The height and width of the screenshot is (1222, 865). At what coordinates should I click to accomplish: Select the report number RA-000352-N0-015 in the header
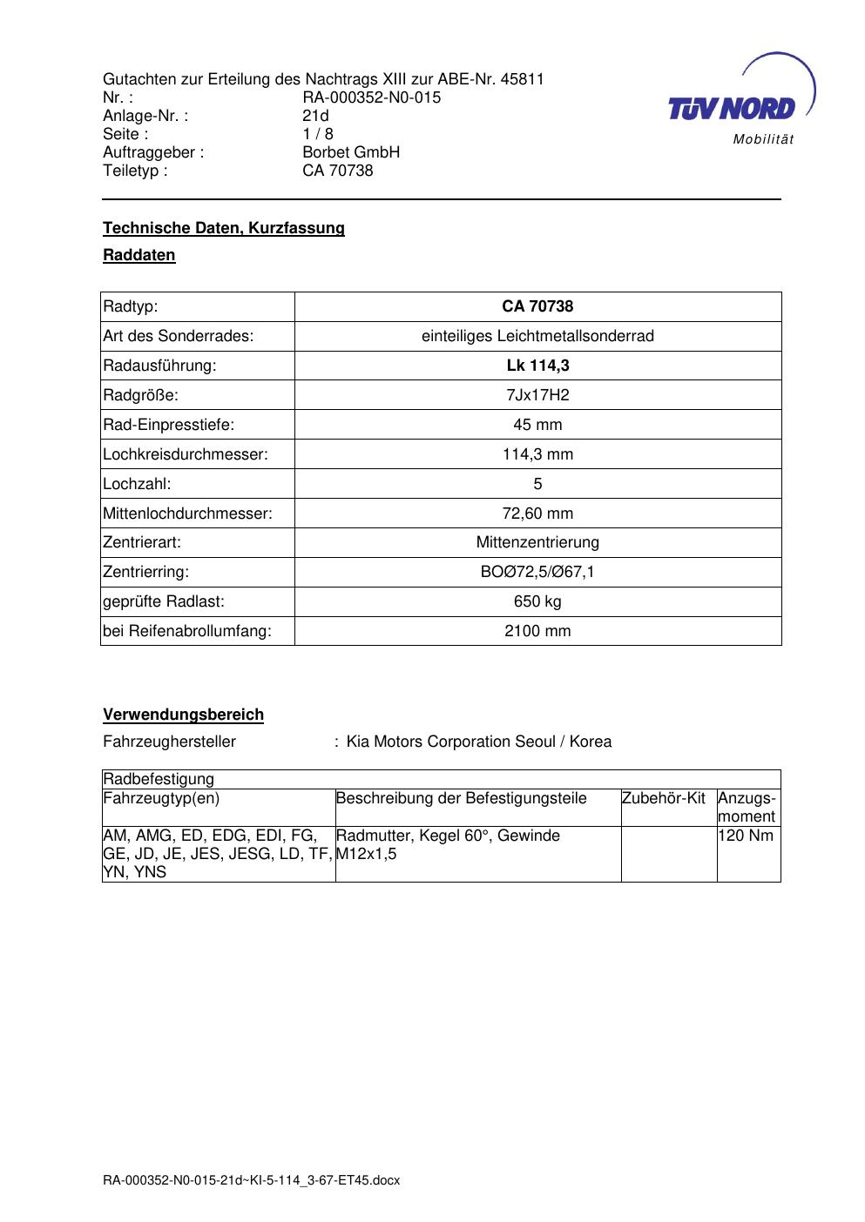click(x=371, y=97)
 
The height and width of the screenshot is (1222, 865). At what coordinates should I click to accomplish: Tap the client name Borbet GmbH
click(x=350, y=152)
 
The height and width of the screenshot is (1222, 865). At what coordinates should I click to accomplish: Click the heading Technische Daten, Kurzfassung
click(x=224, y=228)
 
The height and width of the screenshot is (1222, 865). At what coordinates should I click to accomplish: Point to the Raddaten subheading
click(x=139, y=255)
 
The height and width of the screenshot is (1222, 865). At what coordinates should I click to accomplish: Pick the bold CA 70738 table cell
click(x=537, y=306)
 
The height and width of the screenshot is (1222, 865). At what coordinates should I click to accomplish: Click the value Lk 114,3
click(x=537, y=366)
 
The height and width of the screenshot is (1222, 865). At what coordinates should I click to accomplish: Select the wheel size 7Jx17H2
click(x=537, y=395)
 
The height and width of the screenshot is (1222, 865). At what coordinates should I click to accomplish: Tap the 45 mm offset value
click(x=537, y=425)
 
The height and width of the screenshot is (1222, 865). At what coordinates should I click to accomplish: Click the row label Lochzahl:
click(x=137, y=484)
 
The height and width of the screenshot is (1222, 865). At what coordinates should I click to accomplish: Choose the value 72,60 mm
click(x=537, y=514)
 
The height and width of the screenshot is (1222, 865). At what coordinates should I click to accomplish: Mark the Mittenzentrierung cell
click(x=537, y=542)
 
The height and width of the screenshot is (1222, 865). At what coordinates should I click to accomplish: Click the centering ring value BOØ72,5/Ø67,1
click(x=537, y=572)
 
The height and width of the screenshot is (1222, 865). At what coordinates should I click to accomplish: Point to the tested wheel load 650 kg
click(x=537, y=601)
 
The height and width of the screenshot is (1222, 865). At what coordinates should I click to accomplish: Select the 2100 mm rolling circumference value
click(x=537, y=631)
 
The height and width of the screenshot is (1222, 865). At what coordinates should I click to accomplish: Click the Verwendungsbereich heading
click(x=183, y=715)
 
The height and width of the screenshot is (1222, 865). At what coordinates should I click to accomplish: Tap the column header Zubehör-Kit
click(x=664, y=798)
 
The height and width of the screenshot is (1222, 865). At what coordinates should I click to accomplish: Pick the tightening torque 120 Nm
click(x=746, y=836)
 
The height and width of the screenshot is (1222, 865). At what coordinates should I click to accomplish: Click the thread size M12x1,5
click(x=367, y=854)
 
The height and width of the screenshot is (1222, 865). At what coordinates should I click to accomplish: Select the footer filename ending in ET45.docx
click(x=251, y=1180)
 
